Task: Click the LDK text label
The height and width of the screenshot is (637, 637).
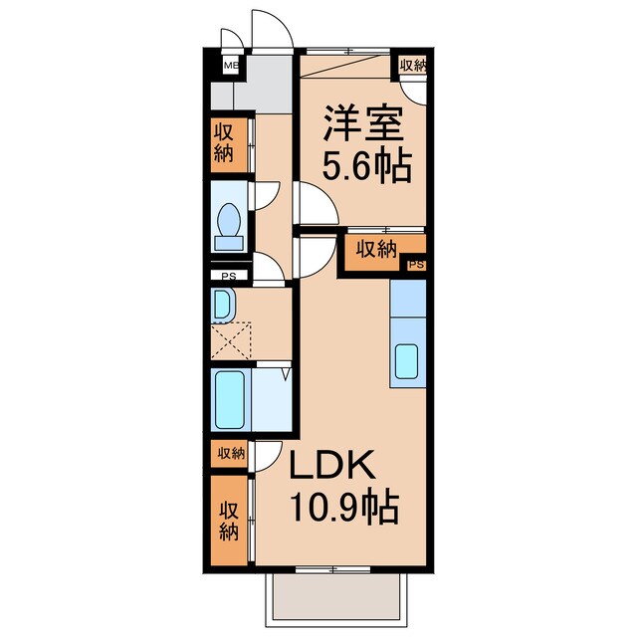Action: [x=332, y=468]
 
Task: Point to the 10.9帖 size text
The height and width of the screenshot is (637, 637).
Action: [x=343, y=509]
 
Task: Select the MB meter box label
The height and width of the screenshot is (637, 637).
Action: [x=230, y=67]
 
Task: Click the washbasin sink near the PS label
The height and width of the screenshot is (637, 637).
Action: [x=222, y=304]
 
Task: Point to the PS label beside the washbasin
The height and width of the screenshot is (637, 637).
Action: [x=229, y=277]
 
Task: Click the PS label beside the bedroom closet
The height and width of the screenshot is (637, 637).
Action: [x=416, y=265]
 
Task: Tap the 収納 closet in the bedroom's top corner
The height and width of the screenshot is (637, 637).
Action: [x=412, y=66]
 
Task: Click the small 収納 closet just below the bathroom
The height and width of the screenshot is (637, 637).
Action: [x=229, y=454]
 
